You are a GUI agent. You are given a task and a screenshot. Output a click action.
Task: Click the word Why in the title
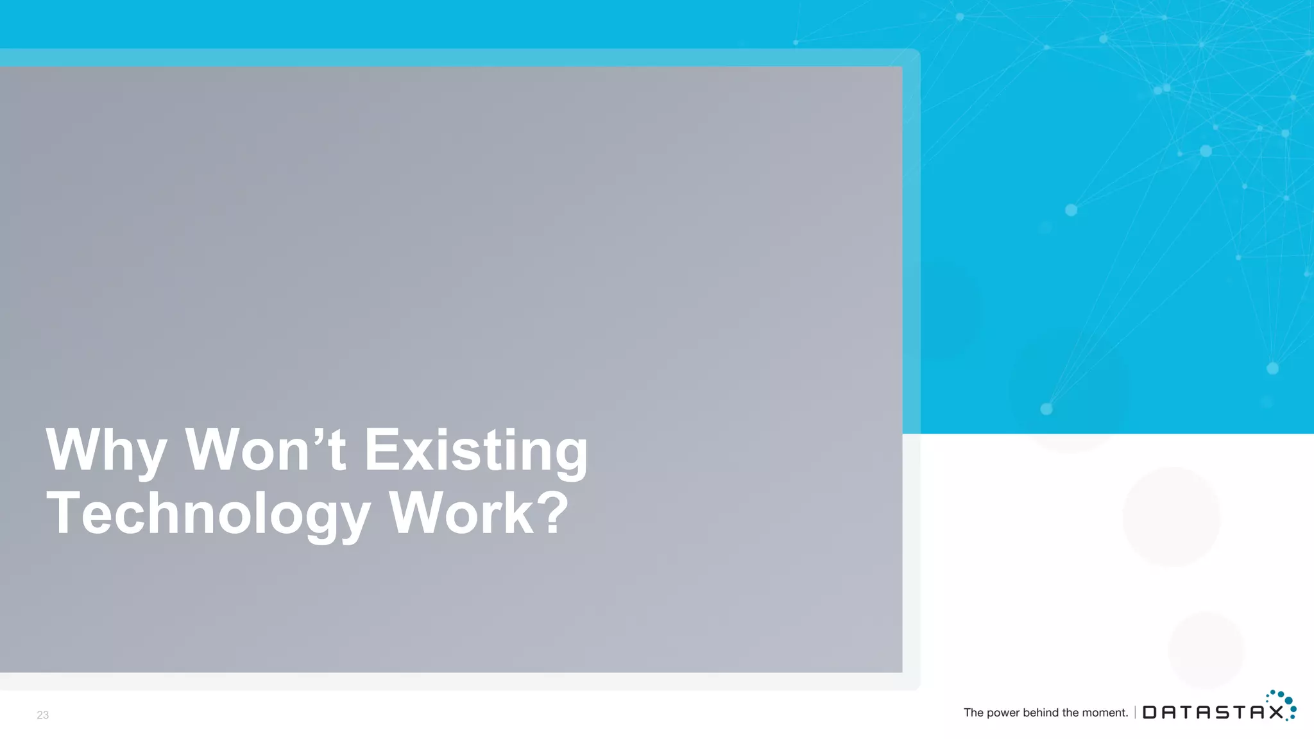(106, 450)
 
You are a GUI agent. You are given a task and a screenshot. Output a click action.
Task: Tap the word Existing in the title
(475, 450)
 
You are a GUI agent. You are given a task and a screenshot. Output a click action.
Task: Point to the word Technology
(208, 513)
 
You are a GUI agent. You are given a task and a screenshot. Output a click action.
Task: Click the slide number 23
(42, 715)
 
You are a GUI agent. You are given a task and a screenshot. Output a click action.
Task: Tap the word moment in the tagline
(1104, 713)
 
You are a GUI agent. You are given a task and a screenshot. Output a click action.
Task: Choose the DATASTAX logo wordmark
(1213, 712)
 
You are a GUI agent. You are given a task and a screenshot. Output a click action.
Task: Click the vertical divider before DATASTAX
(1135, 712)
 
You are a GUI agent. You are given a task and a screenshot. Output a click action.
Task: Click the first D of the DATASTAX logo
(1151, 713)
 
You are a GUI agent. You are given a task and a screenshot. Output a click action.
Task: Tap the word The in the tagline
(973, 713)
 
